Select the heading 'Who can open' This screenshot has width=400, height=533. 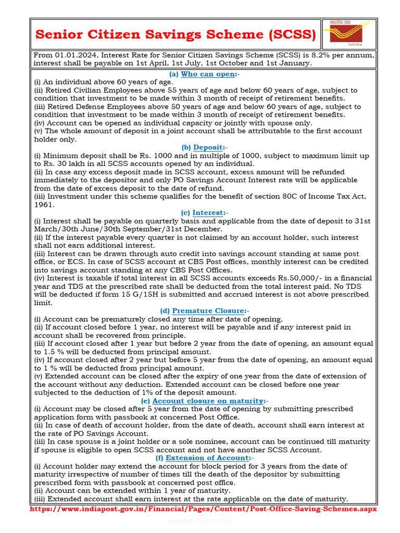tap(208, 74)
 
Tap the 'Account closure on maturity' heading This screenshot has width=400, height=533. tap(208, 401)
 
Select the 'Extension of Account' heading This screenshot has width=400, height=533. tap(208, 458)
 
